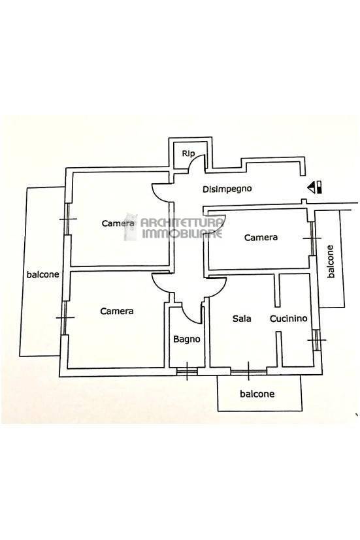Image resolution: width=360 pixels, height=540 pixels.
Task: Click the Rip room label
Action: coord(188,153)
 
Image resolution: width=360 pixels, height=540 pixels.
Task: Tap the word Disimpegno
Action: coord(227,189)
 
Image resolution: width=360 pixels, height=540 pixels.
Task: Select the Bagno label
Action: coord(186,340)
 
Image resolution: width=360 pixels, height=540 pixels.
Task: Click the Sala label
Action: coord(242,319)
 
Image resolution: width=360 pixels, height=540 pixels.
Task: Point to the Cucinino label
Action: coord(288,319)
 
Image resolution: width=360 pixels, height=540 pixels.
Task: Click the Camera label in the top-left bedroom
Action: coord(118,223)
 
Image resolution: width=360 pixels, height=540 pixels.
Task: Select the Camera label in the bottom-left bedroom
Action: coord(117,311)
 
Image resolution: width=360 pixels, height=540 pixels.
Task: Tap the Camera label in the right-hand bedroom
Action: coord(261,237)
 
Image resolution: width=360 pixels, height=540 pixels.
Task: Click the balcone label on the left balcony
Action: coord(42,274)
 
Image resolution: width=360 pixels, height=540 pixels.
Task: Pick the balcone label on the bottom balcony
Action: coord(257,394)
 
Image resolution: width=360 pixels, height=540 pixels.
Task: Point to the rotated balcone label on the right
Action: coord(331,261)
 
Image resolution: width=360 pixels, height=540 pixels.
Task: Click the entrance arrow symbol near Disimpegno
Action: coord(314,187)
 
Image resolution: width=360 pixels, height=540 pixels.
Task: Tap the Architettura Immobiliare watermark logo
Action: coord(174,226)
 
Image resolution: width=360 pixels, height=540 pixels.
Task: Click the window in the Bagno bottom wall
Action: coord(187,371)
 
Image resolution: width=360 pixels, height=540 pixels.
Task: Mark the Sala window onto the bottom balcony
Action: coord(248,372)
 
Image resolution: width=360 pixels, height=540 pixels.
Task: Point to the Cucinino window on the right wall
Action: coord(316,340)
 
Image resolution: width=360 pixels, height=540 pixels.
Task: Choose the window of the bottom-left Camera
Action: coord(65,317)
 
